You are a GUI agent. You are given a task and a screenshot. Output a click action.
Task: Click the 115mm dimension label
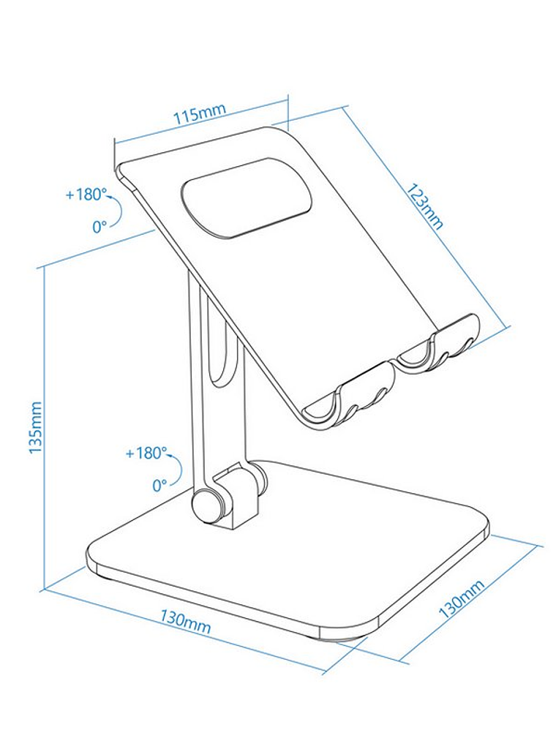point(199,114)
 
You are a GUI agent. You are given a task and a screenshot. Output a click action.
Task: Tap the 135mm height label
point(36,427)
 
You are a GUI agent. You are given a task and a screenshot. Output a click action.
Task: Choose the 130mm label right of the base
point(461,598)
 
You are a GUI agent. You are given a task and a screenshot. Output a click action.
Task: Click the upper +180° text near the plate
point(86,195)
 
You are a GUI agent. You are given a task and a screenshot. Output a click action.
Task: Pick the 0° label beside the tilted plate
point(99,226)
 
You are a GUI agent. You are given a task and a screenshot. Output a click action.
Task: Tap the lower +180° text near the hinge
point(146,453)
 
